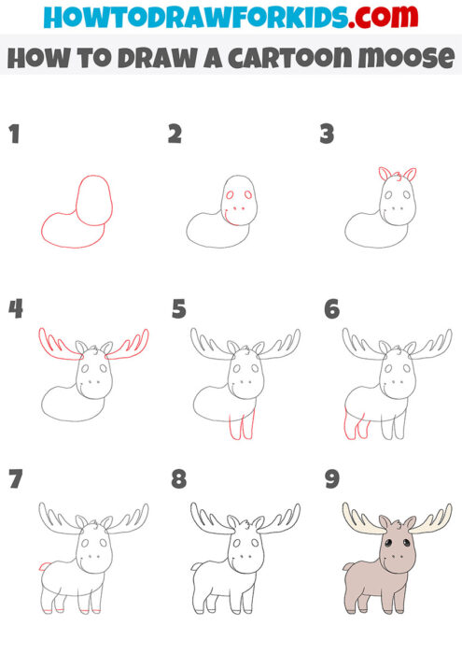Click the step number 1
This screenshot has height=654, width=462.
[x=14, y=135]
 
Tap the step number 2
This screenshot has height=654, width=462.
[x=175, y=135]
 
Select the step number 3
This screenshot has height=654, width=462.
[x=327, y=135]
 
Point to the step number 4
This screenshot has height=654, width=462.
[x=15, y=308]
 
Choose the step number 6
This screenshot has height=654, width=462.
[x=330, y=308]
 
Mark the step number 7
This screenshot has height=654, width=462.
[x=14, y=480]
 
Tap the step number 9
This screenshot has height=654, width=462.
[x=330, y=480]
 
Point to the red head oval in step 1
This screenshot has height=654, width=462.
[x=93, y=199]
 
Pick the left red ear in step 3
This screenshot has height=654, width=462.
[x=383, y=174]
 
